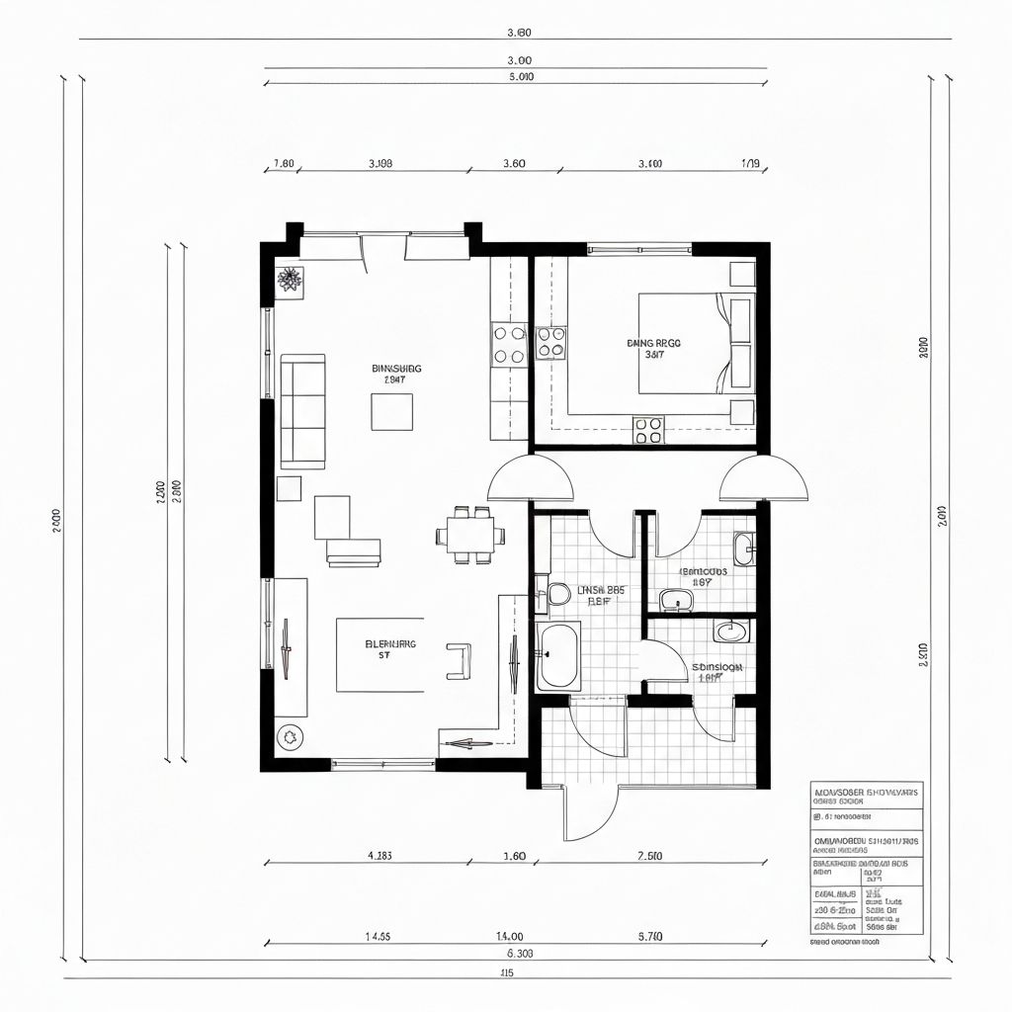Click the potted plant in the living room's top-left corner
(x=289, y=280)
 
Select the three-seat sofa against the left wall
(x=302, y=410)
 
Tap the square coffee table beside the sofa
(x=391, y=411)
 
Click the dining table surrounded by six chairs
(x=470, y=536)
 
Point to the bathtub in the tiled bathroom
(x=558, y=656)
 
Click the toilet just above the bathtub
(x=557, y=594)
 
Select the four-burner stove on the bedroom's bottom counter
(x=648, y=430)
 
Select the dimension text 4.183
(x=379, y=856)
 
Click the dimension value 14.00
(x=509, y=935)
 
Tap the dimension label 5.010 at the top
(x=521, y=76)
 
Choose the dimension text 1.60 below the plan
(x=514, y=856)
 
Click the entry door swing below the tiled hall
(x=589, y=812)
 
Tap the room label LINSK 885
(x=601, y=593)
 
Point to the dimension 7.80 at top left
(x=283, y=164)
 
